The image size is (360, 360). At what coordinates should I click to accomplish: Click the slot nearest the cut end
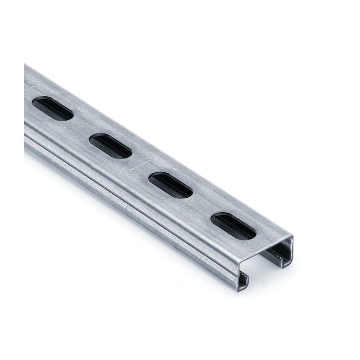(233, 225)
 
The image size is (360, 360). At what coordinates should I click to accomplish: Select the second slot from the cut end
(171, 185)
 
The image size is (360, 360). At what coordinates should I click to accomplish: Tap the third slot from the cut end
(110, 146)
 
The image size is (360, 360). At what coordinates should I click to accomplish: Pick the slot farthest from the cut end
(53, 109)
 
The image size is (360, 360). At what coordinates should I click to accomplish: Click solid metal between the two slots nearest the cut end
(202, 205)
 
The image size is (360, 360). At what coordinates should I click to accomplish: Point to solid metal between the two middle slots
(141, 166)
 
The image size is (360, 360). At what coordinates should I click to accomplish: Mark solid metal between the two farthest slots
(81, 127)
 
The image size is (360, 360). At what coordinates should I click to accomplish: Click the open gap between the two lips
(260, 271)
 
